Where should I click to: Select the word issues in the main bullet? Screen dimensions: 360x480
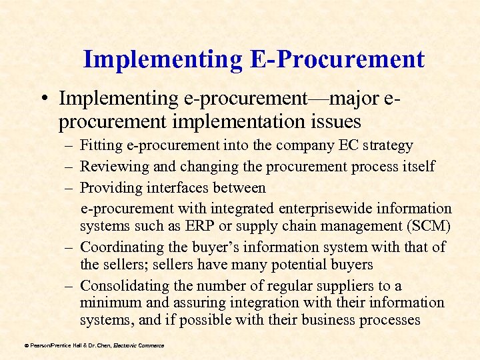click(x=331, y=122)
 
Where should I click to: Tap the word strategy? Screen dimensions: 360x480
click(x=391, y=145)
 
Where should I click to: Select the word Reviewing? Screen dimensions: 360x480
click(x=109, y=166)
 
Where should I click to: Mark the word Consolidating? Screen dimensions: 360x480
click(x=121, y=286)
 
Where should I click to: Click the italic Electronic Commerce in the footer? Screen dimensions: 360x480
click(x=139, y=345)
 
